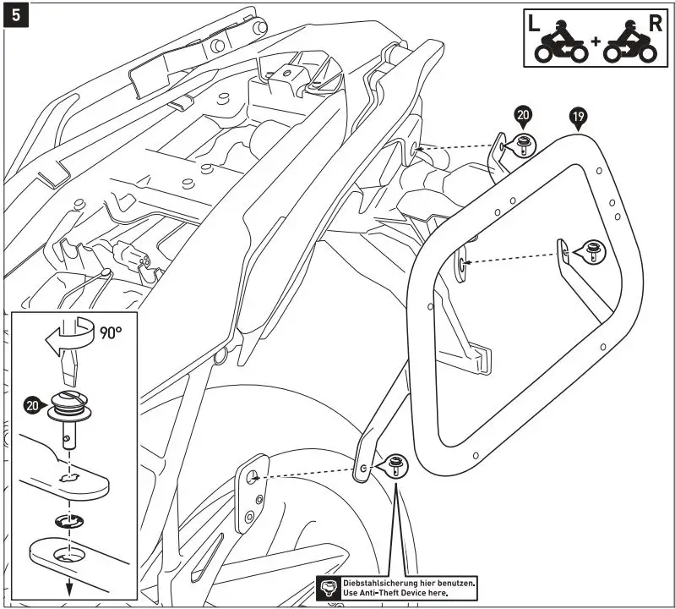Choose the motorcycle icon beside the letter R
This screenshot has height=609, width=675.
click(633, 47)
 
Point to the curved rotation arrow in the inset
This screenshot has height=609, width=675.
click(68, 335)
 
